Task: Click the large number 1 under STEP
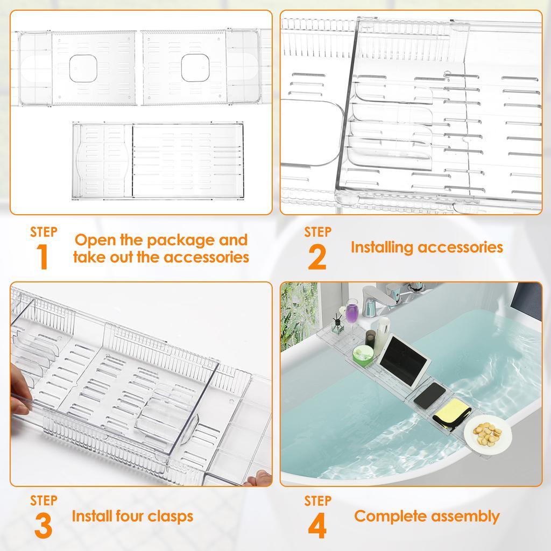pyautogui.click(x=43, y=257)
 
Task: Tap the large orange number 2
pyautogui.click(x=317, y=257)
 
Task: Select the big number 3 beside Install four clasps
pyautogui.click(x=44, y=526)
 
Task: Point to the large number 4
pyautogui.click(x=317, y=526)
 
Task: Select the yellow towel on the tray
pyautogui.click(x=454, y=414)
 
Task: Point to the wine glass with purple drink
pyautogui.click(x=351, y=315)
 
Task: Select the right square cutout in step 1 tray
pyautogui.click(x=194, y=67)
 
